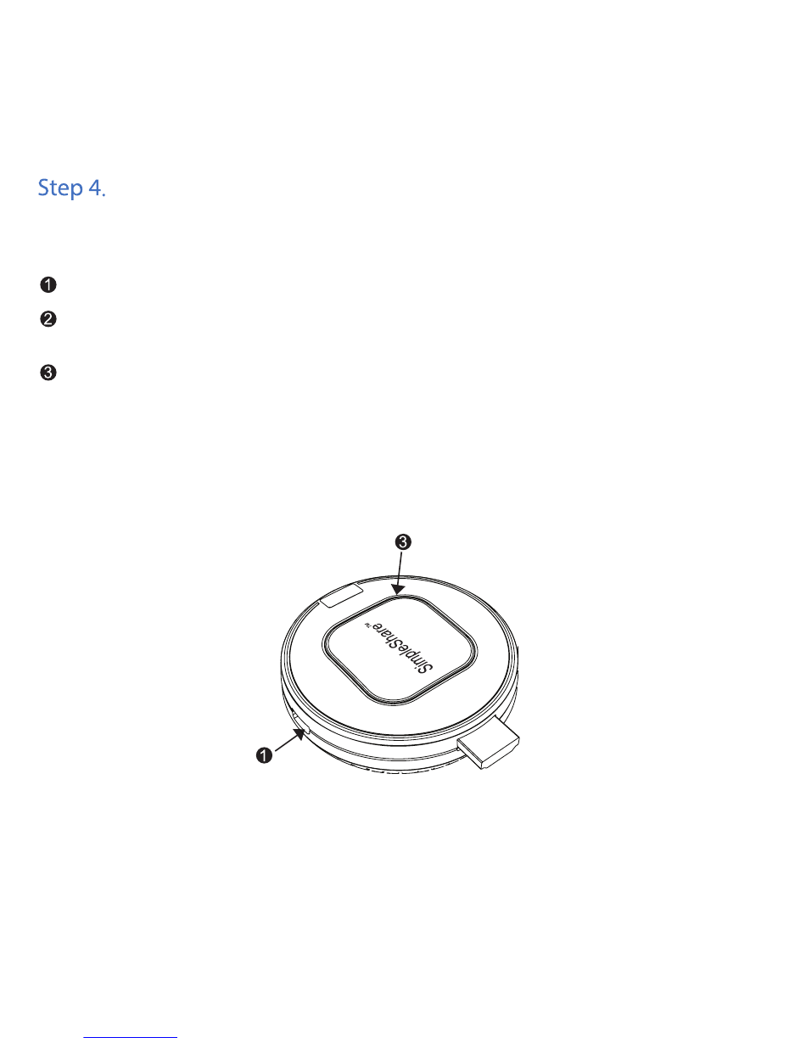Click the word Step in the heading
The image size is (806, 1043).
click(60, 188)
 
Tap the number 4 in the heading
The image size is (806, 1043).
click(94, 188)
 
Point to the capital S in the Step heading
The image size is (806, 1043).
click(43, 188)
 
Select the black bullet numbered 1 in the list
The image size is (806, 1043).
click(48, 284)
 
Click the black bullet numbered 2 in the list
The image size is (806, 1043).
click(48, 319)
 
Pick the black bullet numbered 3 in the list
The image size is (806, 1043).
click(48, 373)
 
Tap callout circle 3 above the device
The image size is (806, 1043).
click(403, 542)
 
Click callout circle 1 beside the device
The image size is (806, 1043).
click(265, 755)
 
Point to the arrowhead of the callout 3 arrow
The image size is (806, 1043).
click(398, 590)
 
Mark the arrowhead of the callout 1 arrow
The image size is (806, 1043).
click(300, 733)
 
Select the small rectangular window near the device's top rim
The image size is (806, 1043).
click(342, 596)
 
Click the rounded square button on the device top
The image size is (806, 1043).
click(400, 650)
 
